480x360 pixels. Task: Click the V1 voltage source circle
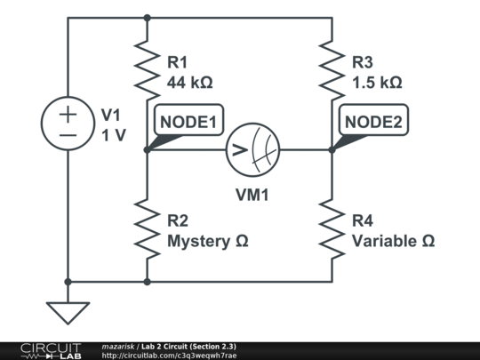[x=68, y=125]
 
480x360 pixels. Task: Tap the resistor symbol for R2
[x=148, y=229]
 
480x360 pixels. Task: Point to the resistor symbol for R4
[x=332, y=229]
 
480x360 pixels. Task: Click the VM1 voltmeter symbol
[x=252, y=149]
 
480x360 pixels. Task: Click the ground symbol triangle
[x=68, y=312]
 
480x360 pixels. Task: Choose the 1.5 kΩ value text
[x=377, y=83]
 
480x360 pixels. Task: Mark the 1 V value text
[x=113, y=136]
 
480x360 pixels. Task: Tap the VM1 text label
[x=252, y=195]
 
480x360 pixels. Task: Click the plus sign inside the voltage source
[x=68, y=115]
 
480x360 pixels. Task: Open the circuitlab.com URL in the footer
[x=169, y=356]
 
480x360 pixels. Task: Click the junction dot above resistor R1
[x=148, y=17]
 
